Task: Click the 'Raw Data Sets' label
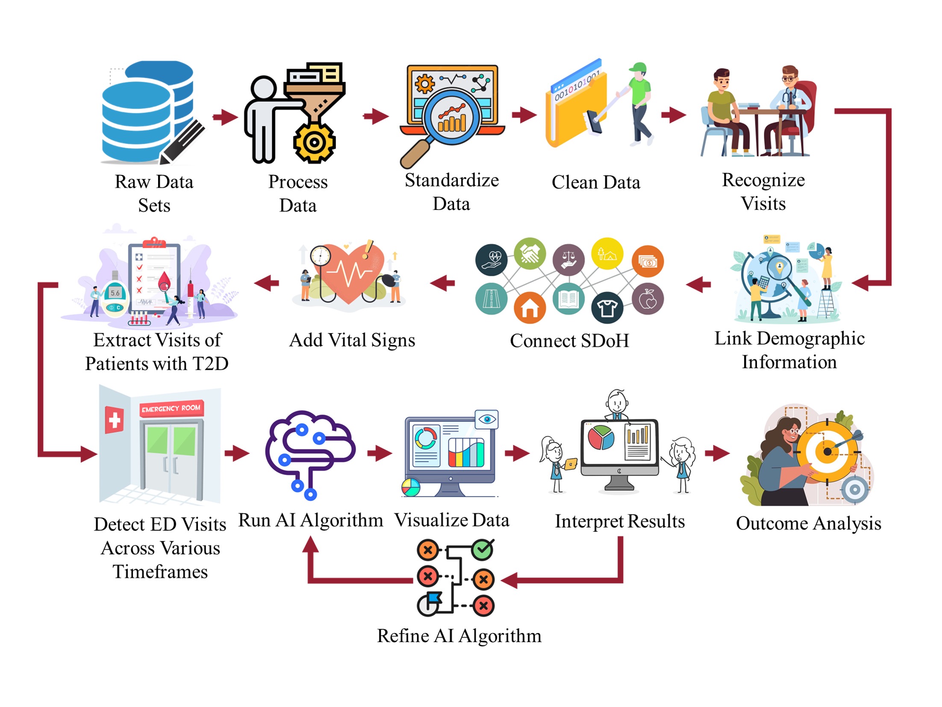pos(154,193)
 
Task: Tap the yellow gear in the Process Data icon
pos(314,142)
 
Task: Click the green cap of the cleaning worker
pos(638,68)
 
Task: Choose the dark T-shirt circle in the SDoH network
pos(607,307)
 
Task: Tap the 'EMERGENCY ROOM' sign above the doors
pos(171,408)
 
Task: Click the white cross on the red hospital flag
pos(115,420)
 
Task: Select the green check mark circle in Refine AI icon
pos(483,549)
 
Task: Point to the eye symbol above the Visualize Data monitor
pos(487,419)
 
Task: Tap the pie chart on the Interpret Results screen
pos(601,437)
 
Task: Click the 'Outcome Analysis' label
pos(808,523)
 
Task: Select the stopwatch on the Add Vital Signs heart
pos(320,256)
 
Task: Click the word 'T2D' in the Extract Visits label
pos(210,364)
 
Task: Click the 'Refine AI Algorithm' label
pos(459,636)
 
